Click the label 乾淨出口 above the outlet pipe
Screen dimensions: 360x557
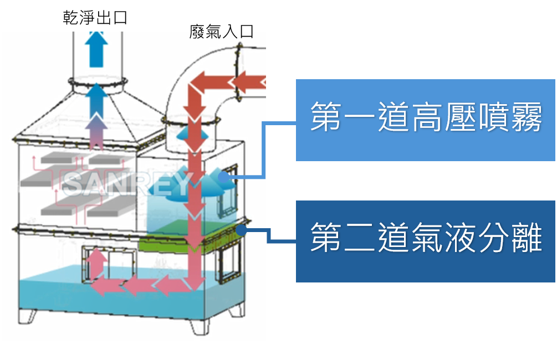point(95,18)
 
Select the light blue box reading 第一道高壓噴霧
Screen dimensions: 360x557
point(425,120)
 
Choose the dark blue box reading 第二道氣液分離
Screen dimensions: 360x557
point(425,241)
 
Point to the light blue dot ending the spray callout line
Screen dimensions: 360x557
point(223,177)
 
